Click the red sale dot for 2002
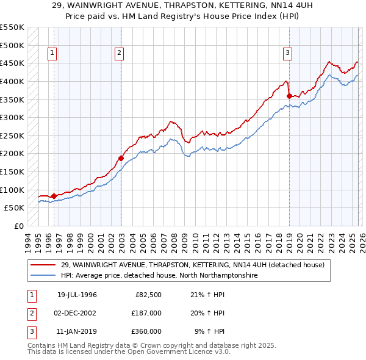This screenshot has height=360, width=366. point(121,158)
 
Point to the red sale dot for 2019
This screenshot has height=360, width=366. point(289,95)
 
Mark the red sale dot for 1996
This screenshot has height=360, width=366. point(54,196)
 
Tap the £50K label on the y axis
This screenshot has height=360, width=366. point(15,207)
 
